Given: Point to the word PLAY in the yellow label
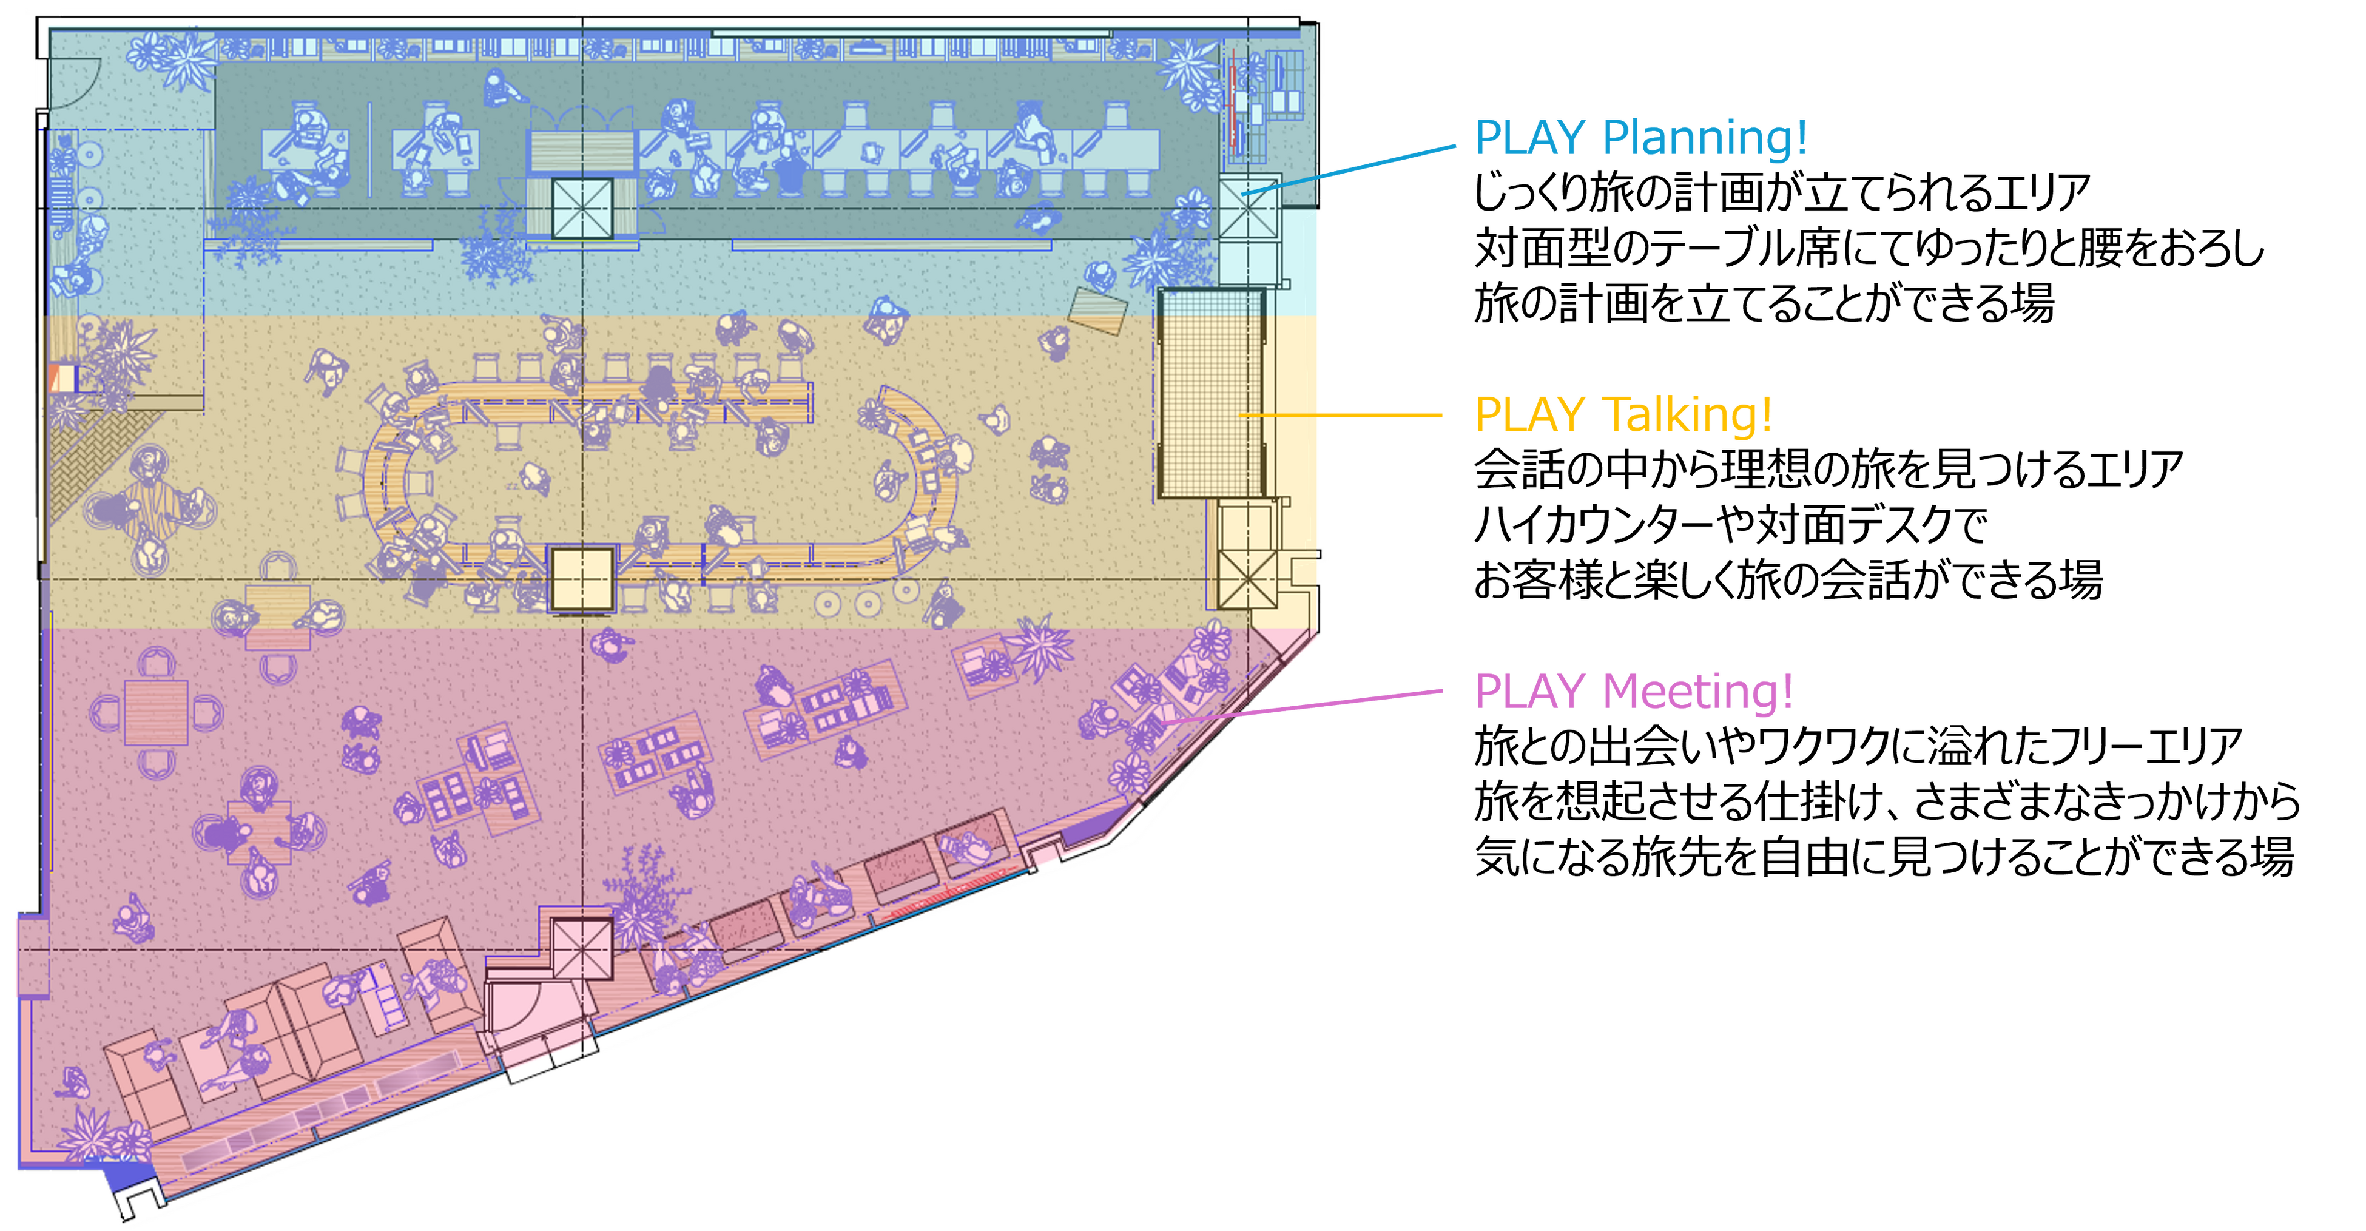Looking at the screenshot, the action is pos(1530,414).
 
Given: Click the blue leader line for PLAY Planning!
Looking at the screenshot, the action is pos(1360,167).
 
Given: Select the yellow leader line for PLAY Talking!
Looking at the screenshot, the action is pos(1341,415).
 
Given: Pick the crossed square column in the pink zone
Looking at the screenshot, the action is pos(581,949).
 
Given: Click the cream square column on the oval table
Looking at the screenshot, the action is pos(581,579).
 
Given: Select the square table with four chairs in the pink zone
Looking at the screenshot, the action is pos(156,712).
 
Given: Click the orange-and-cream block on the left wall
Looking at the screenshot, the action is pos(64,377).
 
